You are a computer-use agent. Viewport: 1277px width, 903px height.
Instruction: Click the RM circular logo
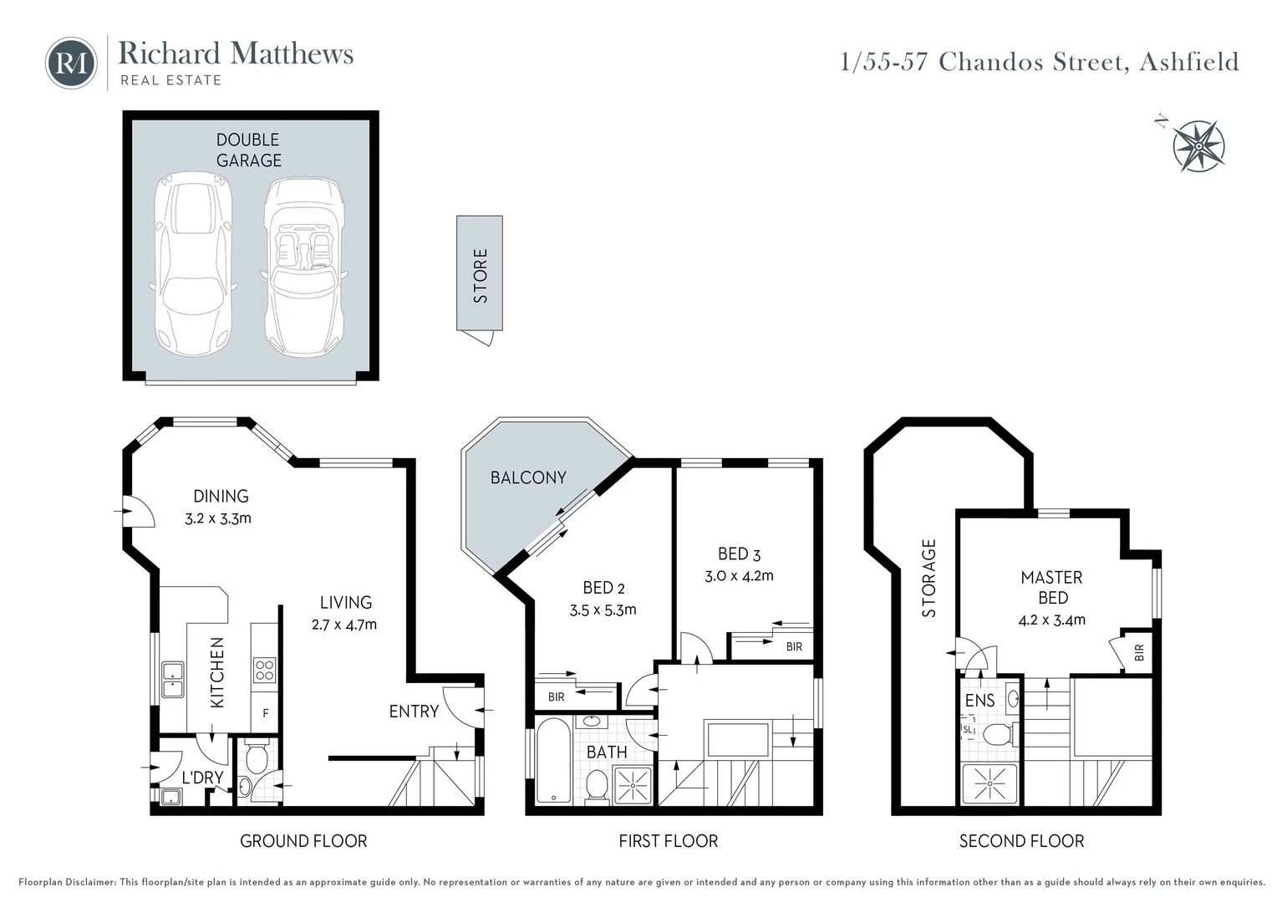(71, 63)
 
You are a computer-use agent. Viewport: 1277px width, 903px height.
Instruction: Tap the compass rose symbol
(1198, 146)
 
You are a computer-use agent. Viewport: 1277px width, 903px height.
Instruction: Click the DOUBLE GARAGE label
(248, 150)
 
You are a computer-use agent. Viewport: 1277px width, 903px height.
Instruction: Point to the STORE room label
(480, 275)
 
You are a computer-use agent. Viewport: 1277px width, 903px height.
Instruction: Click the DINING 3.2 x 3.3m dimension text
(218, 518)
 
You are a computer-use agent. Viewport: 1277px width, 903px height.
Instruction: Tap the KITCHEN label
(217, 673)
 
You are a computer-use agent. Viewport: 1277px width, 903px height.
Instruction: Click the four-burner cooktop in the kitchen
(264, 671)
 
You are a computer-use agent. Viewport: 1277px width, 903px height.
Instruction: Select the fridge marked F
(266, 714)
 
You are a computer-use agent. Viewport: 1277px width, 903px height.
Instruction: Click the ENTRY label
(414, 712)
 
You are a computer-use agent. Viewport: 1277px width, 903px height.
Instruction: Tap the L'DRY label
(202, 778)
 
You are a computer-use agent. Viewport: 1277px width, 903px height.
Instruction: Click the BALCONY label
(528, 477)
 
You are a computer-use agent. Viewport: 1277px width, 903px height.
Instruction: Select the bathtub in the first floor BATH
(552, 762)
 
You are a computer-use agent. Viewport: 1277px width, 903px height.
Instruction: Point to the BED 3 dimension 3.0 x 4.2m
(739, 575)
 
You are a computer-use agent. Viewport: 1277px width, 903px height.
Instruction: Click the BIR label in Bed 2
(556, 696)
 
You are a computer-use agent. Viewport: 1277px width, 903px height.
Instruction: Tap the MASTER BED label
(1052, 588)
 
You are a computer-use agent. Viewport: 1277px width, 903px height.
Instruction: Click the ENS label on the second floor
(979, 701)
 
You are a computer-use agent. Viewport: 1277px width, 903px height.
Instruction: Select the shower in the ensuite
(990, 785)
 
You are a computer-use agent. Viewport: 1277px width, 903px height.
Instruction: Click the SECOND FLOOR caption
(1021, 841)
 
